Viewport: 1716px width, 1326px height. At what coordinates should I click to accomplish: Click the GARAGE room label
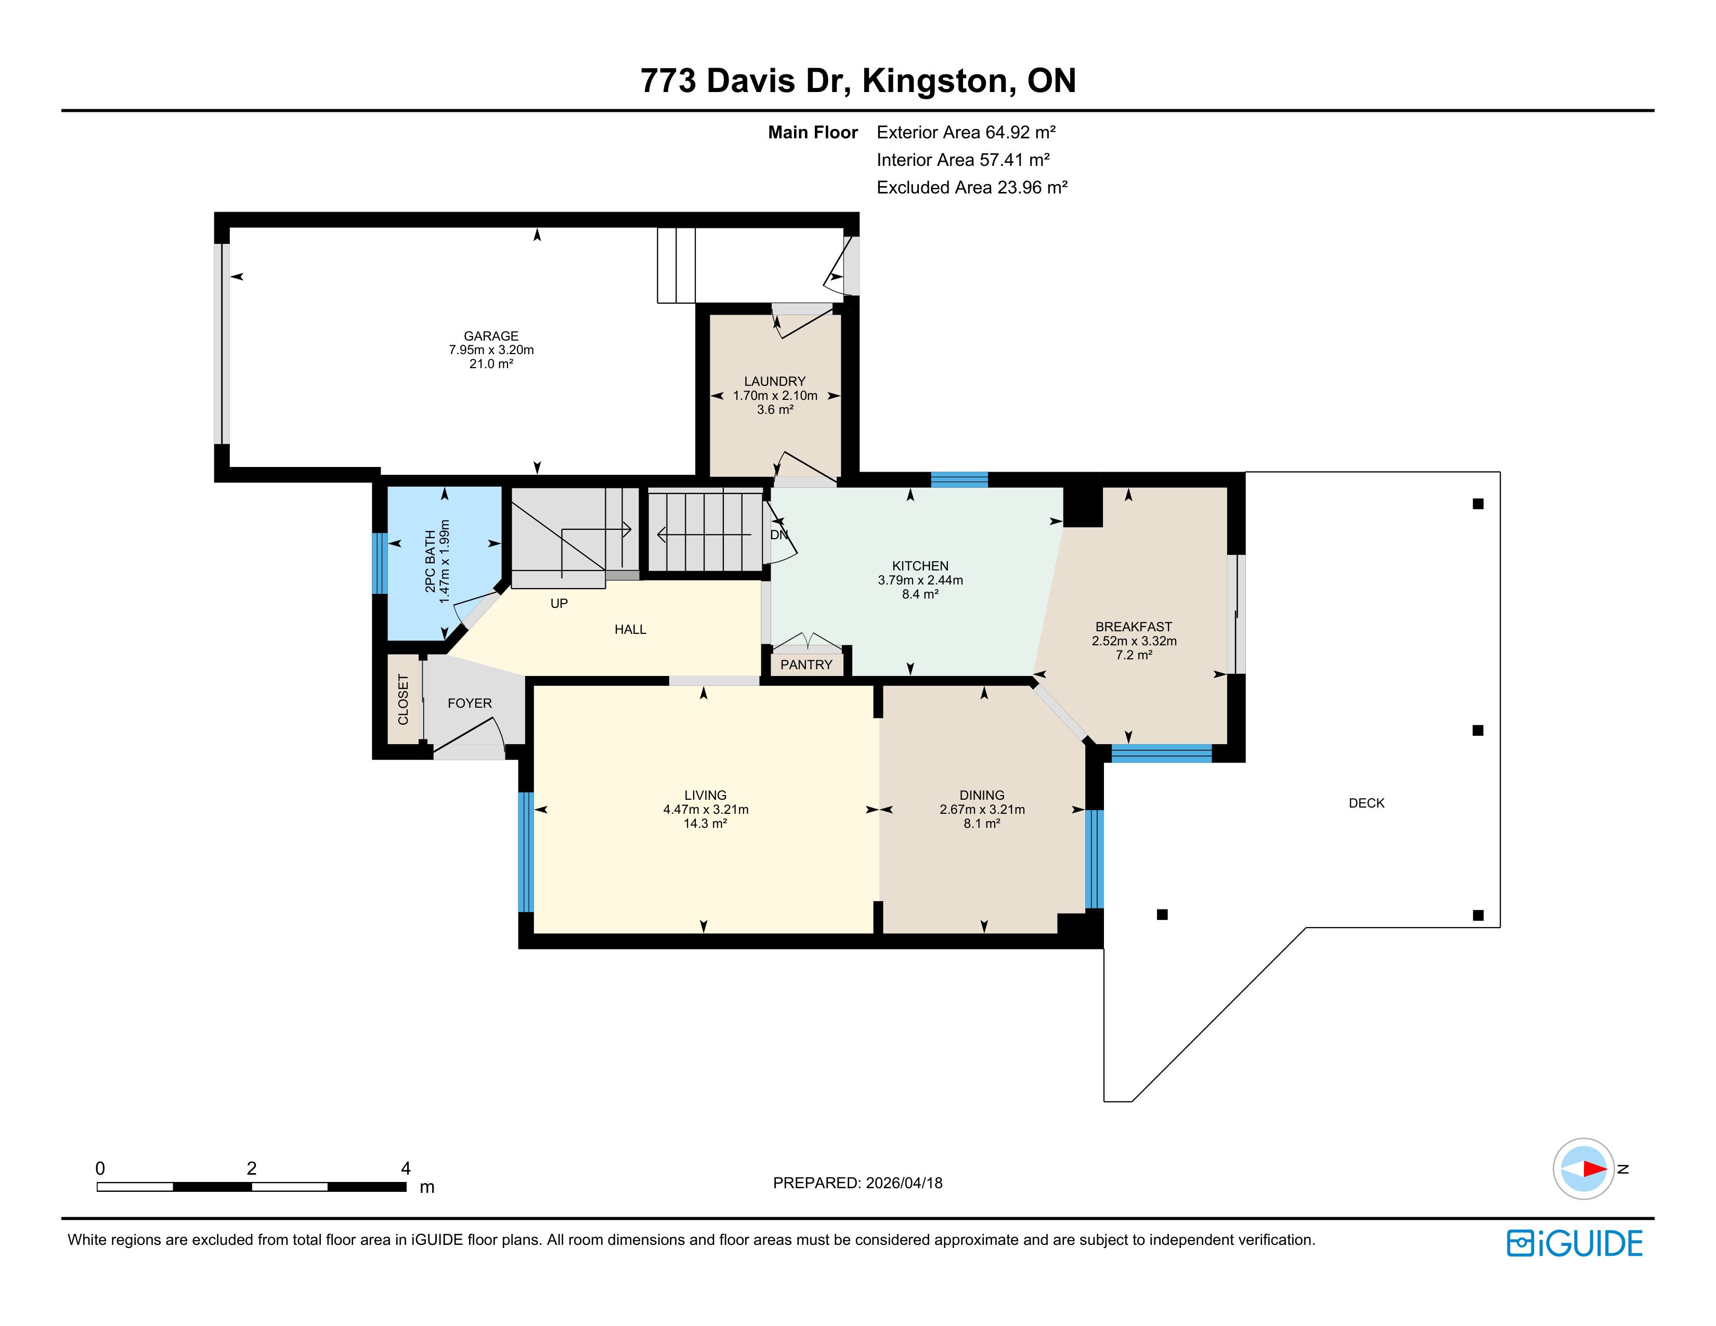pyautogui.click(x=491, y=335)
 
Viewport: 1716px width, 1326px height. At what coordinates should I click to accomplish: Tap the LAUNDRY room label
pyautogui.click(x=775, y=381)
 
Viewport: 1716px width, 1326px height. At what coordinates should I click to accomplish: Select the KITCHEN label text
pyautogui.click(x=920, y=566)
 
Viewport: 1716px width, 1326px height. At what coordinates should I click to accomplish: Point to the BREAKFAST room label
pyautogui.click(x=1134, y=627)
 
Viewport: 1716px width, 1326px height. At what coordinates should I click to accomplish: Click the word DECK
pyautogui.click(x=1367, y=803)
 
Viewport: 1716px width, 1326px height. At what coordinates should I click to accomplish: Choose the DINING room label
pyautogui.click(x=982, y=795)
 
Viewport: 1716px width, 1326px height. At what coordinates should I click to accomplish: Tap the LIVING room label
pyautogui.click(x=706, y=795)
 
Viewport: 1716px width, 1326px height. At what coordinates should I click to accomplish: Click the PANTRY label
pyautogui.click(x=806, y=665)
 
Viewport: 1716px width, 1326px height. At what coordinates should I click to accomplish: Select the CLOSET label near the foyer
pyautogui.click(x=403, y=699)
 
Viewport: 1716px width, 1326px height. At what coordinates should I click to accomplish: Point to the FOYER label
pyautogui.click(x=470, y=703)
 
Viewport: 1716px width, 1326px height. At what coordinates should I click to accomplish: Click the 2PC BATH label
pyautogui.click(x=430, y=562)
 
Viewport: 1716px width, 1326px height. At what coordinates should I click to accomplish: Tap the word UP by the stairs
pyautogui.click(x=558, y=603)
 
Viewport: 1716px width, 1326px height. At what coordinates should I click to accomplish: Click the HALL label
pyautogui.click(x=630, y=629)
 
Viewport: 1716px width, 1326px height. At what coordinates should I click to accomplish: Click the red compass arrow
pyautogui.click(x=1594, y=1169)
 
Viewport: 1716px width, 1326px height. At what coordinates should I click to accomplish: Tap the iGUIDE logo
pyautogui.click(x=1575, y=1243)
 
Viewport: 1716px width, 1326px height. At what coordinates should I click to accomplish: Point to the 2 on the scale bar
pyautogui.click(x=252, y=1168)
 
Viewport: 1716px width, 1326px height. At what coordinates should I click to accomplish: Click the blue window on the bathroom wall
pyautogui.click(x=380, y=563)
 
